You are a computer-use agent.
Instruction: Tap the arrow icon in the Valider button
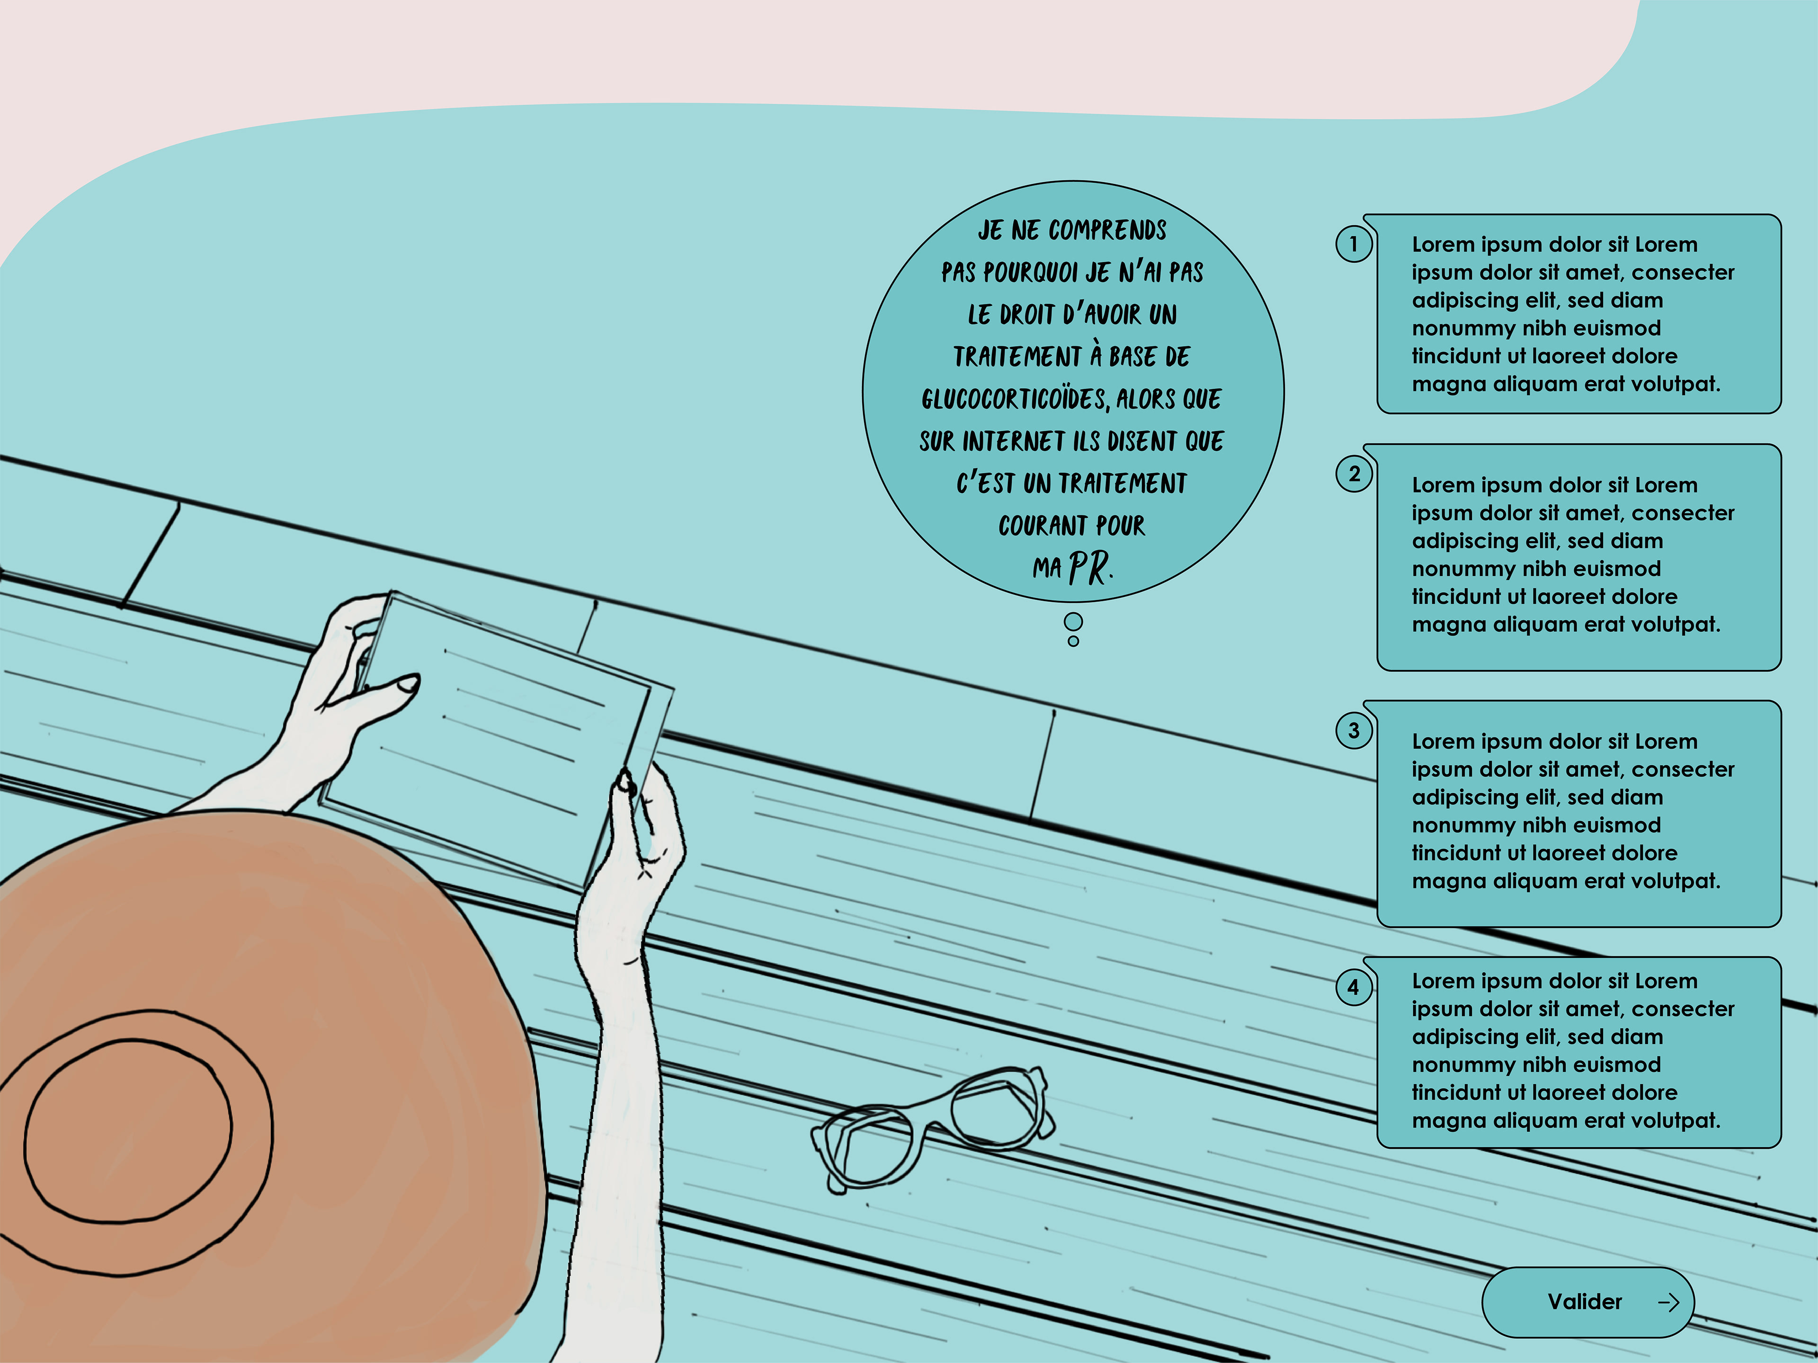coord(1668,1302)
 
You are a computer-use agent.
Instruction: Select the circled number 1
coord(1354,244)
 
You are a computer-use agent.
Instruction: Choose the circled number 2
coord(1354,474)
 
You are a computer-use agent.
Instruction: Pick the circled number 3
coord(1354,730)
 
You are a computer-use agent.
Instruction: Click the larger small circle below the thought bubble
coord(1073,621)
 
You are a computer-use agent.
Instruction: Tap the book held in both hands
coord(497,739)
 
